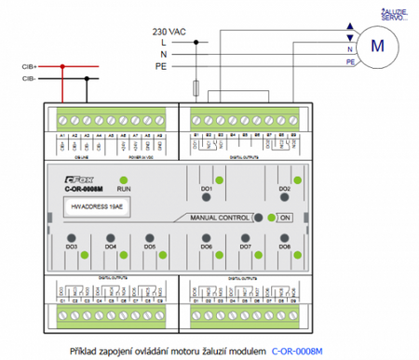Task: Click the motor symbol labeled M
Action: tap(376, 43)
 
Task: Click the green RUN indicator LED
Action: tap(124, 177)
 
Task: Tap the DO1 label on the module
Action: tap(207, 189)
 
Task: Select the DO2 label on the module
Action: tap(284, 189)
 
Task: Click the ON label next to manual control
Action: tap(286, 217)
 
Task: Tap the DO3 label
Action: tap(72, 247)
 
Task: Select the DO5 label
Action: tap(150, 247)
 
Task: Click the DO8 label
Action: tap(284, 247)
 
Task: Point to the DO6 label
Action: tap(207, 247)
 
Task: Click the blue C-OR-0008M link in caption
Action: tap(297, 351)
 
